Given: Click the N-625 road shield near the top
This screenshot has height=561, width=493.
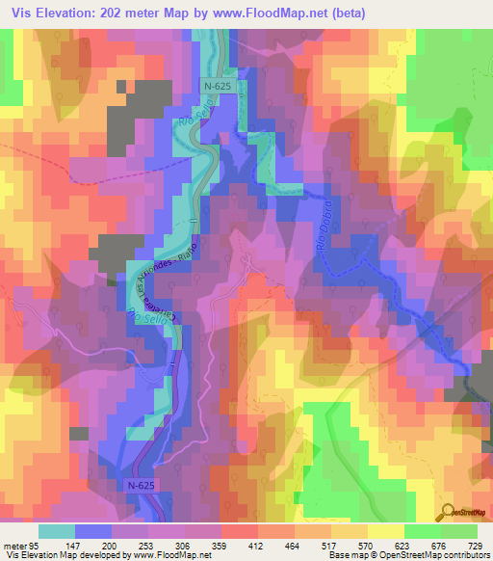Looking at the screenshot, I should coord(215,87).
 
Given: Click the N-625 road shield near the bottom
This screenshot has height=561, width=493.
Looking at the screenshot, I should coord(141,486).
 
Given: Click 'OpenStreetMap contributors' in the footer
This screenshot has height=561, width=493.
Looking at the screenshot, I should coord(443,555).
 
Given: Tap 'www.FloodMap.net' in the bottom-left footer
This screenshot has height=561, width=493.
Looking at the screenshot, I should coord(169,555).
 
